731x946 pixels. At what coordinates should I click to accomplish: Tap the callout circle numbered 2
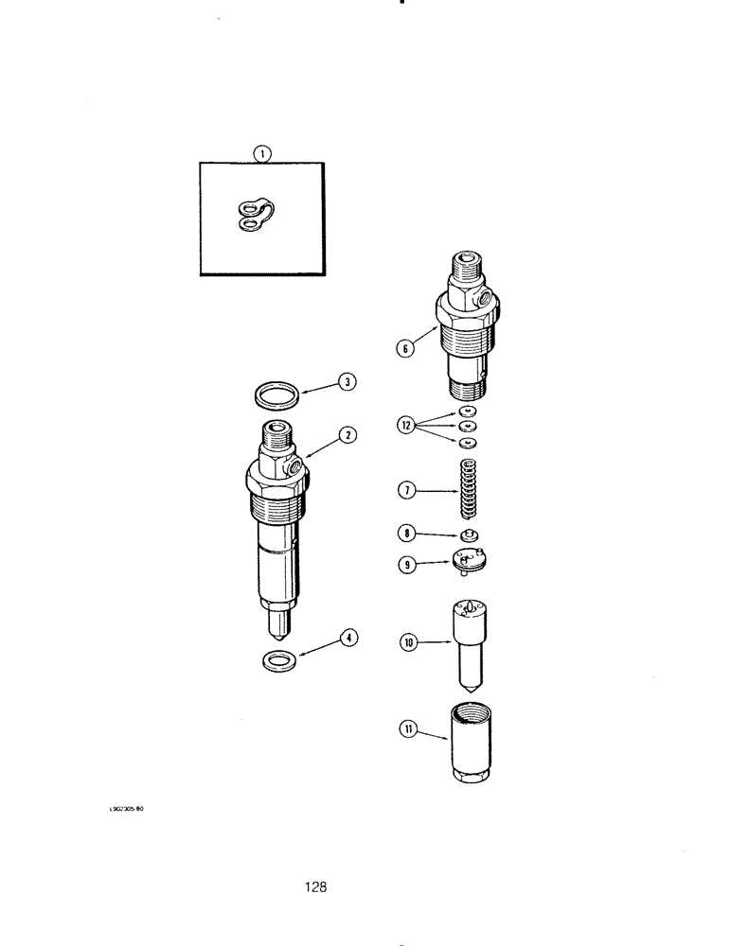pyautogui.click(x=349, y=435)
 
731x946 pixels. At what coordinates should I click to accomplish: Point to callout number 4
pyautogui.click(x=349, y=639)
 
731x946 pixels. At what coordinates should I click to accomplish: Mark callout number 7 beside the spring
pyautogui.click(x=407, y=490)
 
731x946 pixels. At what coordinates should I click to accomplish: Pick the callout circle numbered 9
pyautogui.click(x=408, y=565)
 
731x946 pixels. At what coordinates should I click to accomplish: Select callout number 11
pyautogui.click(x=408, y=729)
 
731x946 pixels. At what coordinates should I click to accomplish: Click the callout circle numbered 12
pyautogui.click(x=406, y=426)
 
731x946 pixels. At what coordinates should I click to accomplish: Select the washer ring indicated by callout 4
pyautogui.click(x=276, y=658)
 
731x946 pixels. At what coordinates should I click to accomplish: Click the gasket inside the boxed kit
pyautogui.click(x=254, y=215)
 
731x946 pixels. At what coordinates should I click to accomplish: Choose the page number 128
pyautogui.click(x=316, y=886)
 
